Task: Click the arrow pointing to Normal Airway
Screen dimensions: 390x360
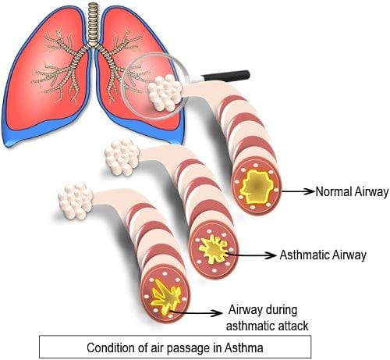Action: click(298, 191)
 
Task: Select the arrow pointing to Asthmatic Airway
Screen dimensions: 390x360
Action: click(251, 255)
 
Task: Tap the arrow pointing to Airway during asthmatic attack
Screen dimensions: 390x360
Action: click(195, 312)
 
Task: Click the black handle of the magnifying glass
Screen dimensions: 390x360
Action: click(225, 76)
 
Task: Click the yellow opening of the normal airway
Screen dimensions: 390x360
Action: click(257, 186)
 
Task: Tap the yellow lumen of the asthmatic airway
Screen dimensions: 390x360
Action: click(214, 249)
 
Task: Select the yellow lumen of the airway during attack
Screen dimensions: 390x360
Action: click(166, 296)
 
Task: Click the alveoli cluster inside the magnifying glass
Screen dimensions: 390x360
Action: click(165, 92)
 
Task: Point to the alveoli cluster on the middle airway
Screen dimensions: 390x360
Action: click(122, 156)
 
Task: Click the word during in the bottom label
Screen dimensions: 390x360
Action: click(281, 310)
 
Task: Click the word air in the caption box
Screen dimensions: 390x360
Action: click(158, 348)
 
